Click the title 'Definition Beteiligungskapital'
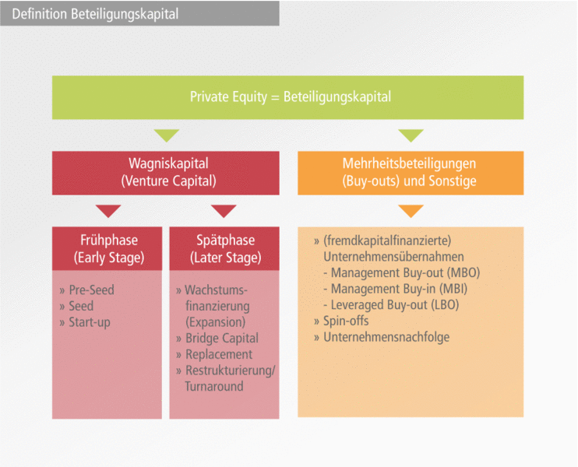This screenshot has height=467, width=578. click(95, 14)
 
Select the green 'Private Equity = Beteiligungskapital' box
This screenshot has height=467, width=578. click(290, 97)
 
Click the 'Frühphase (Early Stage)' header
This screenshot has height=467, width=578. click(107, 248)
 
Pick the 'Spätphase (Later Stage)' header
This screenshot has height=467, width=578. click(224, 248)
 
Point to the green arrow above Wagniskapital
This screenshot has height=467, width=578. click(166, 135)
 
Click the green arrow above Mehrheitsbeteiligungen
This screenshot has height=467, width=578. click(411, 135)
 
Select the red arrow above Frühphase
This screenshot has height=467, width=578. click(108, 211)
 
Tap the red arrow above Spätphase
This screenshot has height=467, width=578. click(224, 211)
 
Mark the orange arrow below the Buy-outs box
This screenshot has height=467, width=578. click(411, 211)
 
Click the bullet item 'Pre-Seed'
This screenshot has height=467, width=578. click(91, 290)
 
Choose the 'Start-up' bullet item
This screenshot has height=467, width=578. click(90, 322)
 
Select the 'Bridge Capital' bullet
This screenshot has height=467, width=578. click(221, 339)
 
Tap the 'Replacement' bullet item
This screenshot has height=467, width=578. click(218, 354)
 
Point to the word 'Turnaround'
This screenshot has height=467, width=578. click(214, 386)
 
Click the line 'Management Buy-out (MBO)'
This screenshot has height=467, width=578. click(405, 273)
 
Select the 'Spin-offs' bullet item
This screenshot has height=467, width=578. click(346, 321)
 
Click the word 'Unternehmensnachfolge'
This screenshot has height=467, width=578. click(386, 337)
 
